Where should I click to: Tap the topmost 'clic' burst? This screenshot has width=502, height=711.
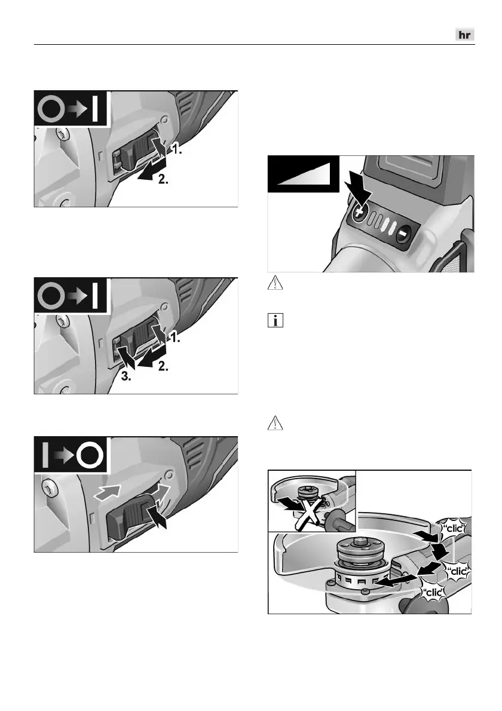point(454,528)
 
